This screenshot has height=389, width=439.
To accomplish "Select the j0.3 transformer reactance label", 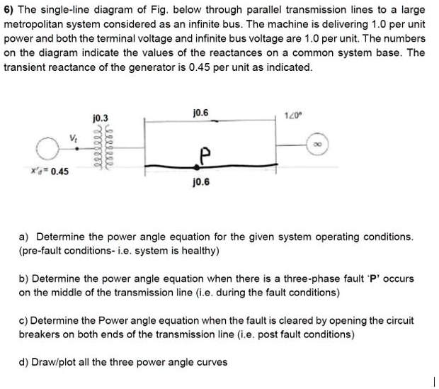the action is (x=101, y=118).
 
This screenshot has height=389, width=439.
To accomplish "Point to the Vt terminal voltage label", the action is (x=74, y=138).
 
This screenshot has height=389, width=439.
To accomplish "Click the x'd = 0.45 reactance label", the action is (x=50, y=171).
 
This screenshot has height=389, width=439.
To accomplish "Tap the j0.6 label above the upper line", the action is (x=201, y=113).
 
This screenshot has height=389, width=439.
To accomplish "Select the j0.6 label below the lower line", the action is (x=201, y=182).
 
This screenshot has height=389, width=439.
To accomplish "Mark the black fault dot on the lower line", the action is (x=197, y=167).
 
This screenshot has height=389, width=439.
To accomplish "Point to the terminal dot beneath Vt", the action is (x=77, y=149).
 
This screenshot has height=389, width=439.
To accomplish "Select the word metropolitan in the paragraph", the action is (x=52, y=24).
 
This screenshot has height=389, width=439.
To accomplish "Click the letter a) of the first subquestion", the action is (x=23, y=237).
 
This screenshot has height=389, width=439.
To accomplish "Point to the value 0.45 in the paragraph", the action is (x=200, y=67).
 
